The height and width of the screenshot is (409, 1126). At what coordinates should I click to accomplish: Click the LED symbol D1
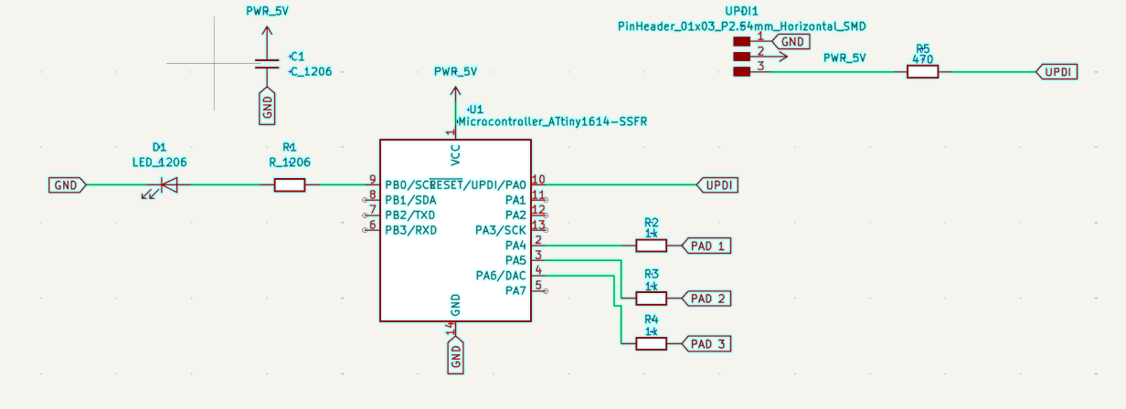pyautogui.click(x=167, y=185)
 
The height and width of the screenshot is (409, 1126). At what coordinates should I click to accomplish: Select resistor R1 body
pyautogui.click(x=290, y=185)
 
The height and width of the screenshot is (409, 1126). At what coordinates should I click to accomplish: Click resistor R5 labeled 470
pyautogui.click(x=922, y=71)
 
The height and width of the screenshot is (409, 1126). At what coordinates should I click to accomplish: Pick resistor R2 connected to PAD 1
pyautogui.click(x=652, y=246)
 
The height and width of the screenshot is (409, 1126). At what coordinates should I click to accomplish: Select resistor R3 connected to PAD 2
pyautogui.click(x=652, y=299)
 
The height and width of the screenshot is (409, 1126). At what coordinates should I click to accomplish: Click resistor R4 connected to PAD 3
pyautogui.click(x=652, y=344)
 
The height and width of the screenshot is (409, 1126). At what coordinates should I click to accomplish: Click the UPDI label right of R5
pyautogui.click(x=1057, y=71)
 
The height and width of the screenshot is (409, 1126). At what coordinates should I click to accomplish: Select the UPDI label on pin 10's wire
pyautogui.click(x=718, y=185)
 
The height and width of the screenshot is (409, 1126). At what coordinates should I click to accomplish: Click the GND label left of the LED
pyautogui.click(x=67, y=185)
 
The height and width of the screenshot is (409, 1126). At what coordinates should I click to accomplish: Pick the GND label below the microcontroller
pyautogui.click(x=455, y=355)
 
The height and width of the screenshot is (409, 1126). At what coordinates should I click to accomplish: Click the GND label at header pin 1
pyautogui.click(x=791, y=41)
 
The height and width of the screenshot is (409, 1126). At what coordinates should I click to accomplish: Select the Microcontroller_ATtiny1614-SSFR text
pyautogui.click(x=552, y=121)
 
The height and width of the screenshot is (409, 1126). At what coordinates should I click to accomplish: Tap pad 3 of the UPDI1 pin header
pyautogui.click(x=742, y=71)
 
